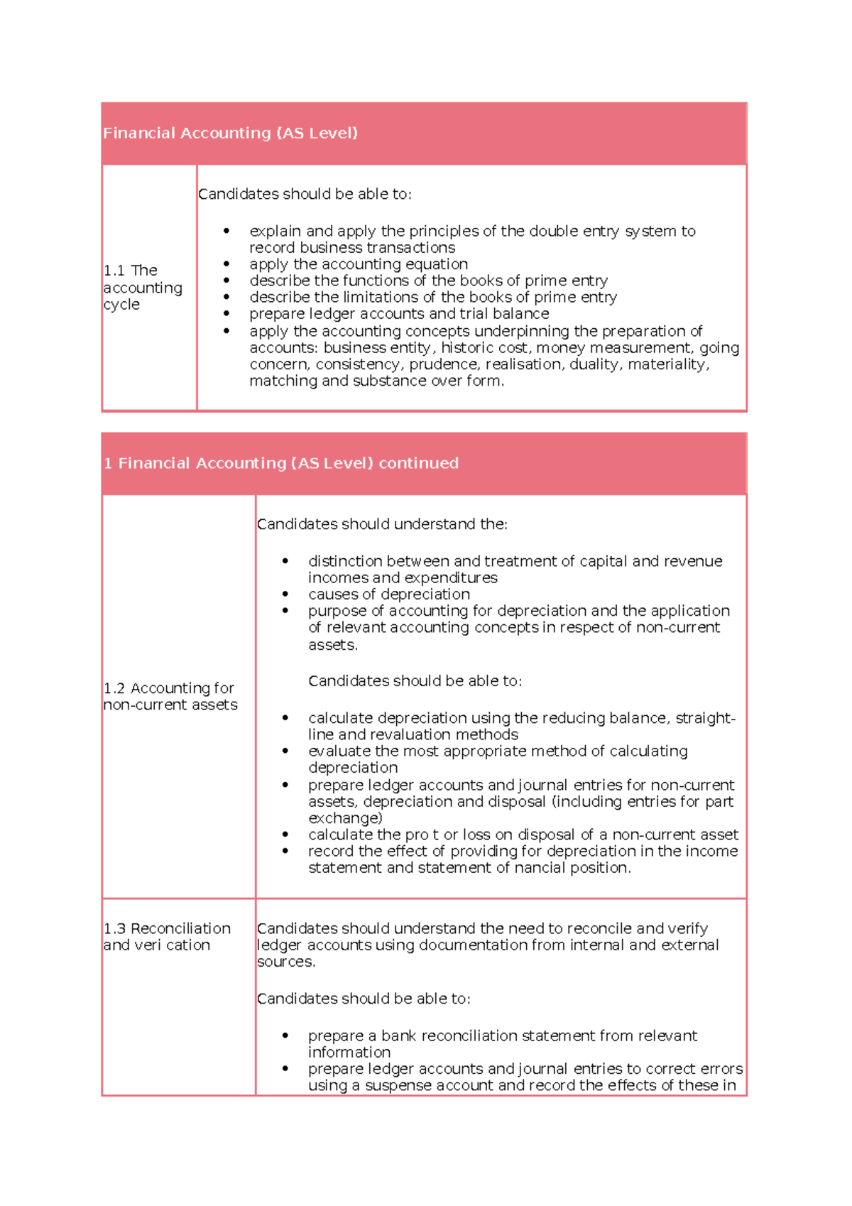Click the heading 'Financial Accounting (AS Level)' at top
click(230, 133)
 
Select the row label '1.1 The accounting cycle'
click(142, 288)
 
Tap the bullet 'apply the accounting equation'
click(359, 264)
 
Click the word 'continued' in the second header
click(418, 463)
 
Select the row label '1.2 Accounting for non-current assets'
click(170, 697)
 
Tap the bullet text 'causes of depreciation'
click(389, 594)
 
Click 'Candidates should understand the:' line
click(382, 524)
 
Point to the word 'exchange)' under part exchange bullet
click(345, 818)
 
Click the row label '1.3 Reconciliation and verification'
click(167, 937)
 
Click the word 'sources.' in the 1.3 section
click(286, 962)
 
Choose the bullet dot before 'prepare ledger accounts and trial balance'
click(226, 313)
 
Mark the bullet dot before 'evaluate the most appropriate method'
click(285, 751)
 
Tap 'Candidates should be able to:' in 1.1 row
click(305, 194)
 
